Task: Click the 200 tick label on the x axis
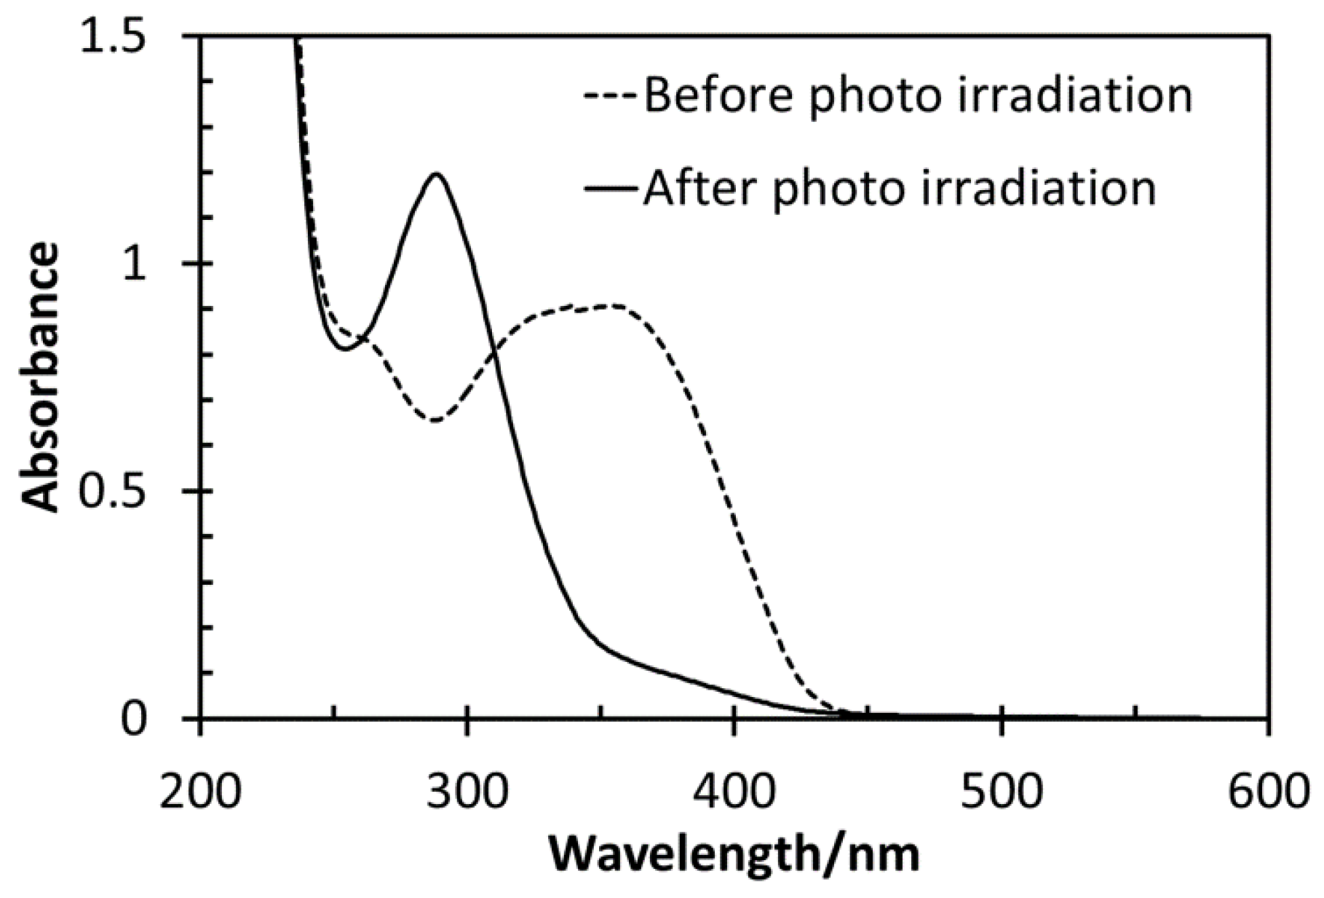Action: pos(199,791)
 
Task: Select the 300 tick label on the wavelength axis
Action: pos(467,791)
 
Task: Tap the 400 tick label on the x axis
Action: pos(734,791)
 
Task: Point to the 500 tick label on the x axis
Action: pos(1001,791)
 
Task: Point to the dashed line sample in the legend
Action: pos(611,94)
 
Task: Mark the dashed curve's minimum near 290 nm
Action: pos(435,421)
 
